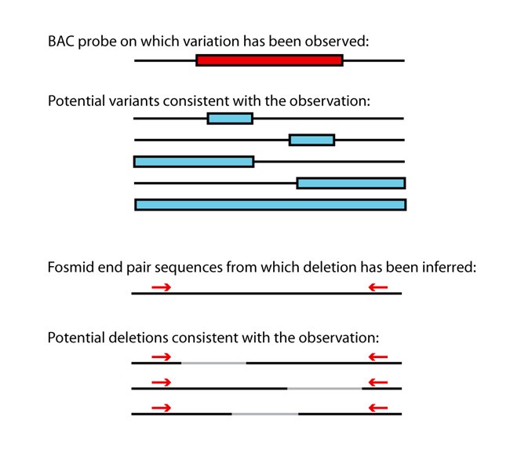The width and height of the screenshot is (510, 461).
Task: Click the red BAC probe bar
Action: (x=269, y=60)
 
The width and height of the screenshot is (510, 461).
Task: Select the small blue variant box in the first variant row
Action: (x=230, y=119)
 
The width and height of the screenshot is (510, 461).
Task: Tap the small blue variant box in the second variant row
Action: (x=311, y=141)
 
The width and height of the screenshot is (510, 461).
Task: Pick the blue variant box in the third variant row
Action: (x=194, y=162)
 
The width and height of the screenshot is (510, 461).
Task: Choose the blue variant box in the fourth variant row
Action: (x=351, y=183)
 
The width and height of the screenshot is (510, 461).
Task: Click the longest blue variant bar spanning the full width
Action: (x=270, y=205)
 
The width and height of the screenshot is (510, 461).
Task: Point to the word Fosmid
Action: (x=69, y=267)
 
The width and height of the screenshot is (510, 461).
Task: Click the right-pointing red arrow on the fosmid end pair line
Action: (x=161, y=287)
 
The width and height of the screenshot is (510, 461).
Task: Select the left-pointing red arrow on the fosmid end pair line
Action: (x=378, y=287)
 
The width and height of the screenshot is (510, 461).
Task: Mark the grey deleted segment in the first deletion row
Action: (x=213, y=364)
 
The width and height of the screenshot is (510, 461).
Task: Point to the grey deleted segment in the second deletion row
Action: (x=325, y=388)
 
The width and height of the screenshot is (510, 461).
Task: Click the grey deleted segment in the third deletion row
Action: (x=264, y=414)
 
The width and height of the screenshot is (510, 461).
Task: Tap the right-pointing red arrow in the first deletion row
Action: (x=161, y=357)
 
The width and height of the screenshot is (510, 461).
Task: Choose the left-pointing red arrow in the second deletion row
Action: (x=378, y=382)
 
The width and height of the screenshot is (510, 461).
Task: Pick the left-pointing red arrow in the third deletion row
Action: (x=378, y=408)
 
